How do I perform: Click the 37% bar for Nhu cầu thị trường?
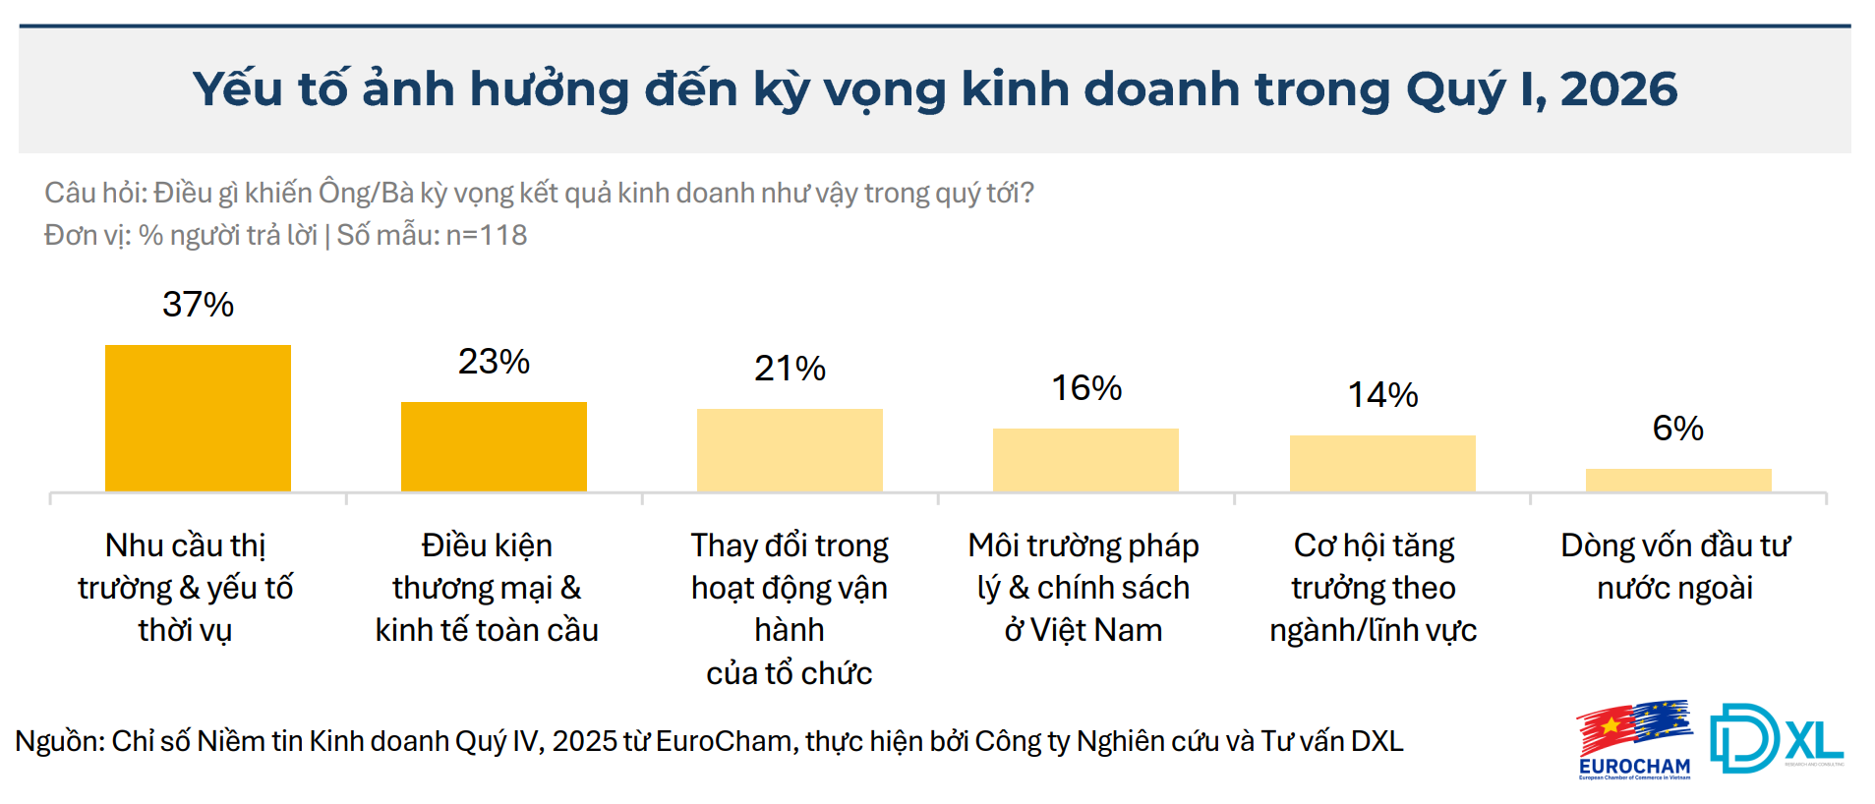(198, 418)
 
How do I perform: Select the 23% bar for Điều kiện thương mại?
(494, 446)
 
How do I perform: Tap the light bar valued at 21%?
(790, 450)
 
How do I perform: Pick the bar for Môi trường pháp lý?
(1085, 460)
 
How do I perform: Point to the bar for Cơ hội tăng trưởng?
(1382, 463)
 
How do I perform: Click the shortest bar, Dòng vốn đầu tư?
(1678, 480)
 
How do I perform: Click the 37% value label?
(198, 305)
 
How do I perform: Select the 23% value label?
(494, 362)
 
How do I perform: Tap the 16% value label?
(1086, 388)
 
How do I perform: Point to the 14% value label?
(1382, 395)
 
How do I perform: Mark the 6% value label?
(1677, 429)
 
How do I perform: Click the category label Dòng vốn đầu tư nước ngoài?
(1675, 566)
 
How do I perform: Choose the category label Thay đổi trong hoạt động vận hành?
(790, 608)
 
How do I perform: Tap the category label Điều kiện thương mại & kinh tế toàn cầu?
(487, 588)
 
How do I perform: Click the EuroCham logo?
(1634, 740)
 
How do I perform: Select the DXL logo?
(1777, 738)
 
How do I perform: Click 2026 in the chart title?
(1618, 89)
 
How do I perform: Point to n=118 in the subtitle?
(487, 236)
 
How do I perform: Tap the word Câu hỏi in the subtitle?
(94, 193)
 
